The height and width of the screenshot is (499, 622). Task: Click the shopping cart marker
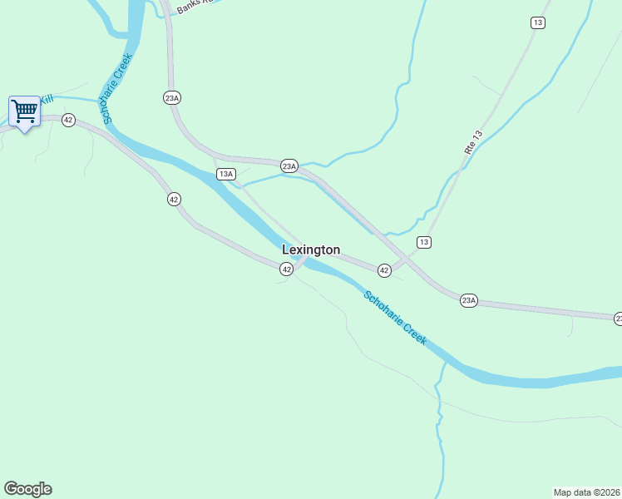pyautogui.click(x=24, y=111)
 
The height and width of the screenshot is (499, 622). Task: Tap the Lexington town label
pyautogui.click(x=311, y=249)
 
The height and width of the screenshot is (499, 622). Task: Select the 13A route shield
pyautogui.click(x=225, y=174)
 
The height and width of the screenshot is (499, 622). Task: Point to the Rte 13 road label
pyautogui.click(x=473, y=142)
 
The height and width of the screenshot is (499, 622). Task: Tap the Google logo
pyautogui.click(x=27, y=489)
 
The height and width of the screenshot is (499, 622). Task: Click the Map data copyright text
pyautogui.click(x=586, y=492)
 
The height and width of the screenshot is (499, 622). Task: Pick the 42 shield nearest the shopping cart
pyautogui.click(x=68, y=121)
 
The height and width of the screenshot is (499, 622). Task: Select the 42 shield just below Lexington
pyautogui.click(x=286, y=269)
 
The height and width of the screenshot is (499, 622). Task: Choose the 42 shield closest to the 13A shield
pyautogui.click(x=173, y=199)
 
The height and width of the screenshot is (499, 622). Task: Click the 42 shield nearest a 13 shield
pyautogui.click(x=384, y=270)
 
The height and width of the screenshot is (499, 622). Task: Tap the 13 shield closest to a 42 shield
pyautogui.click(x=424, y=242)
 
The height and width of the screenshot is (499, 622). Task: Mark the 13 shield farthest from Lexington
pyautogui.click(x=538, y=22)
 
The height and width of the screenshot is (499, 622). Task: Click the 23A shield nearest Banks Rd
pyautogui.click(x=172, y=97)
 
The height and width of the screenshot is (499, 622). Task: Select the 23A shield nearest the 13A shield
pyautogui.click(x=289, y=166)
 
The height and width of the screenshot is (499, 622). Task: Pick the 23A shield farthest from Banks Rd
pyautogui.click(x=468, y=300)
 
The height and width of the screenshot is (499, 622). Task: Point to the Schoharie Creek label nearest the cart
pyautogui.click(x=117, y=89)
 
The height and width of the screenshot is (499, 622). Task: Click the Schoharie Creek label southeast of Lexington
pyautogui.click(x=395, y=318)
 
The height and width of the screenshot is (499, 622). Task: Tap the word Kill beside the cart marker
pyautogui.click(x=47, y=100)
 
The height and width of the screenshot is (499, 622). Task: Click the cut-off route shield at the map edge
pyautogui.click(x=618, y=319)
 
